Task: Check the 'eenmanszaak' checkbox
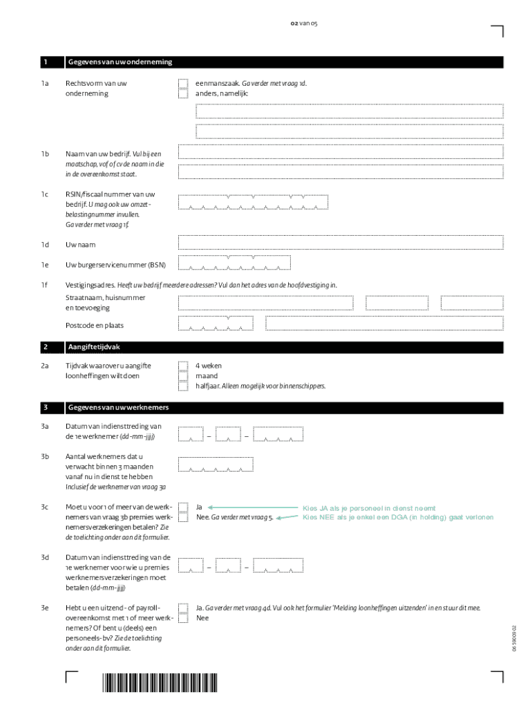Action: pos(183,84)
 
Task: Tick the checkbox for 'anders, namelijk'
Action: pos(183,93)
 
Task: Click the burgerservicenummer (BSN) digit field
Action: pos(234,263)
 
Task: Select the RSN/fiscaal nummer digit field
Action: pos(253,202)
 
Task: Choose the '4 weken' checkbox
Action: pos(183,366)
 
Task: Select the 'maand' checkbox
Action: pos(183,375)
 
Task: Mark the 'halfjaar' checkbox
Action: pos(183,385)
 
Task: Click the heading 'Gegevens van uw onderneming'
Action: pos(120,62)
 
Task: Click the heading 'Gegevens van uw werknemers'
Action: pos(117,407)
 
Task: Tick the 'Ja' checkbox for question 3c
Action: pos(183,507)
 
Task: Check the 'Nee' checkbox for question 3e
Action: pos(183,617)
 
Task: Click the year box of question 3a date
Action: pos(278,434)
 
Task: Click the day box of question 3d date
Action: pos(190,566)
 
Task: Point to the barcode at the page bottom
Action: pos(160,682)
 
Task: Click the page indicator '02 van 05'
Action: pos(304,24)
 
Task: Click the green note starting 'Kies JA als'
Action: pos(369,508)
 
